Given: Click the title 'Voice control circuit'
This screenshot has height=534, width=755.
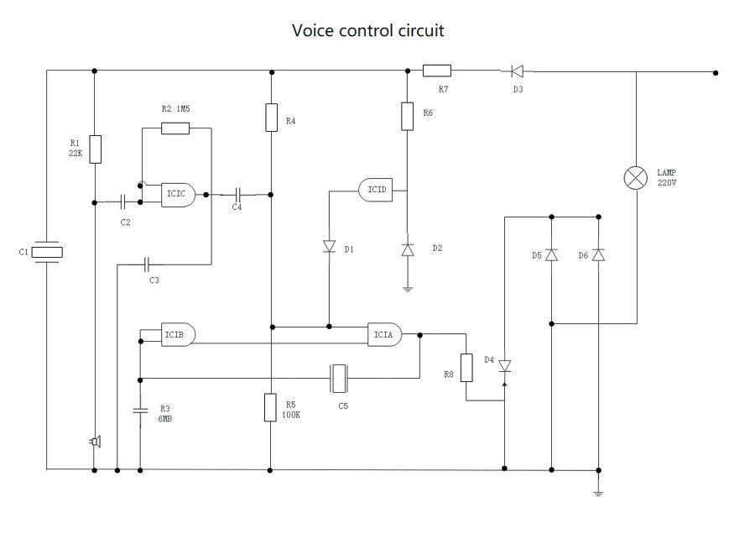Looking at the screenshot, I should click(367, 31).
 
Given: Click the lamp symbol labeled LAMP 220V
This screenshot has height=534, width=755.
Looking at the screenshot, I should click(636, 177).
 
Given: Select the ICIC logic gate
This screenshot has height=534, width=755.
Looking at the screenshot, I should click(179, 194).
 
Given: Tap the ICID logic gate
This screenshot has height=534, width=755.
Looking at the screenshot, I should click(377, 189).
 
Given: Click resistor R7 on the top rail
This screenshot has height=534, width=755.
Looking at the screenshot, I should click(436, 71).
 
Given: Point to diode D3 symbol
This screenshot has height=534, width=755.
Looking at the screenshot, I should click(518, 72).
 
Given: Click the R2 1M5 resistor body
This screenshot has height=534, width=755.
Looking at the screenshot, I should click(174, 128).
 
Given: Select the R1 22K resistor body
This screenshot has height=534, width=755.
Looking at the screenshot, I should click(96, 149).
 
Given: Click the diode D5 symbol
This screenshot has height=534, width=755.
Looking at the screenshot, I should click(551, 254).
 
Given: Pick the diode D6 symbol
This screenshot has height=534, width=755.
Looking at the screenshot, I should click(597, 254).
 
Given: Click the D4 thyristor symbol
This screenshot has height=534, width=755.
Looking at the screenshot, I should click(504, 366).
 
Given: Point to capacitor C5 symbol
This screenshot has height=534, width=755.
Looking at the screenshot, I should click(339, 378).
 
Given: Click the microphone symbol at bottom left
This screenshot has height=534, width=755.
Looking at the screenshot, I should click(96, 442).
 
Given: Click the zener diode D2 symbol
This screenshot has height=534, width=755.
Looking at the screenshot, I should click(408, 249).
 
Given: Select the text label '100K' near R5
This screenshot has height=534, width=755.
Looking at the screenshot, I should click(291, 416).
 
